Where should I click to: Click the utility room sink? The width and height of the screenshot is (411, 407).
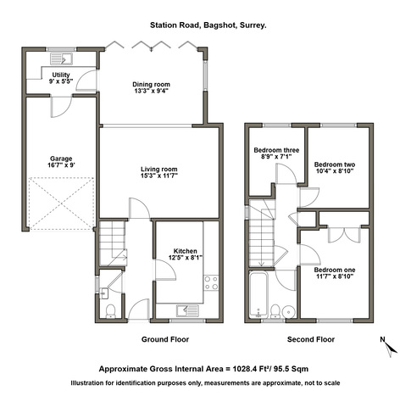tap(61, 59)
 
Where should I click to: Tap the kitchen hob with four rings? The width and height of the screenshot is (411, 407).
tap(211, 282)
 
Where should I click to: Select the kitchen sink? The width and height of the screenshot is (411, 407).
tap(188, 310)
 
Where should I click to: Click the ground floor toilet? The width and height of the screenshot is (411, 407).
tap(110, 311)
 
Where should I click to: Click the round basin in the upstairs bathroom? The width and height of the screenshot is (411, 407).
tap(288, 312)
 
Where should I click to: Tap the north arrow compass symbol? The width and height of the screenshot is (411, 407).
tap(389, 347)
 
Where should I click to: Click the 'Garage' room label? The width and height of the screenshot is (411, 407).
tap(61, 159)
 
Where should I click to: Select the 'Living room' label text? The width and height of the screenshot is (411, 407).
tap(159, 170)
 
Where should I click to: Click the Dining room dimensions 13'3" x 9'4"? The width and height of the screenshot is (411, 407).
tap(152, 91)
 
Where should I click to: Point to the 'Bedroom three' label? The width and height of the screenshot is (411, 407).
tap(276, 150)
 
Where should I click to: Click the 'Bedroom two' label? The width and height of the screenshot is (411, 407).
tap(335, 164)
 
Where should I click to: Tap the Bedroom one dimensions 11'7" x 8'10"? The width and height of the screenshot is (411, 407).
tap(335, 276)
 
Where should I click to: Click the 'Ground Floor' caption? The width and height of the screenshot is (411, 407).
tap(165, 339)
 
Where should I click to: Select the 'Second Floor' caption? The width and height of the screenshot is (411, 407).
tap(311, 339)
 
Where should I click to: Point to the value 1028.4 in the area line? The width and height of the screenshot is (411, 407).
tap(244, 369)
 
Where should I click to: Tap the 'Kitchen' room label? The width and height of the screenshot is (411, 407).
tap(186, 251)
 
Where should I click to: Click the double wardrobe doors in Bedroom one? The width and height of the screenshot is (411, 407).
tap(344, 235)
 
